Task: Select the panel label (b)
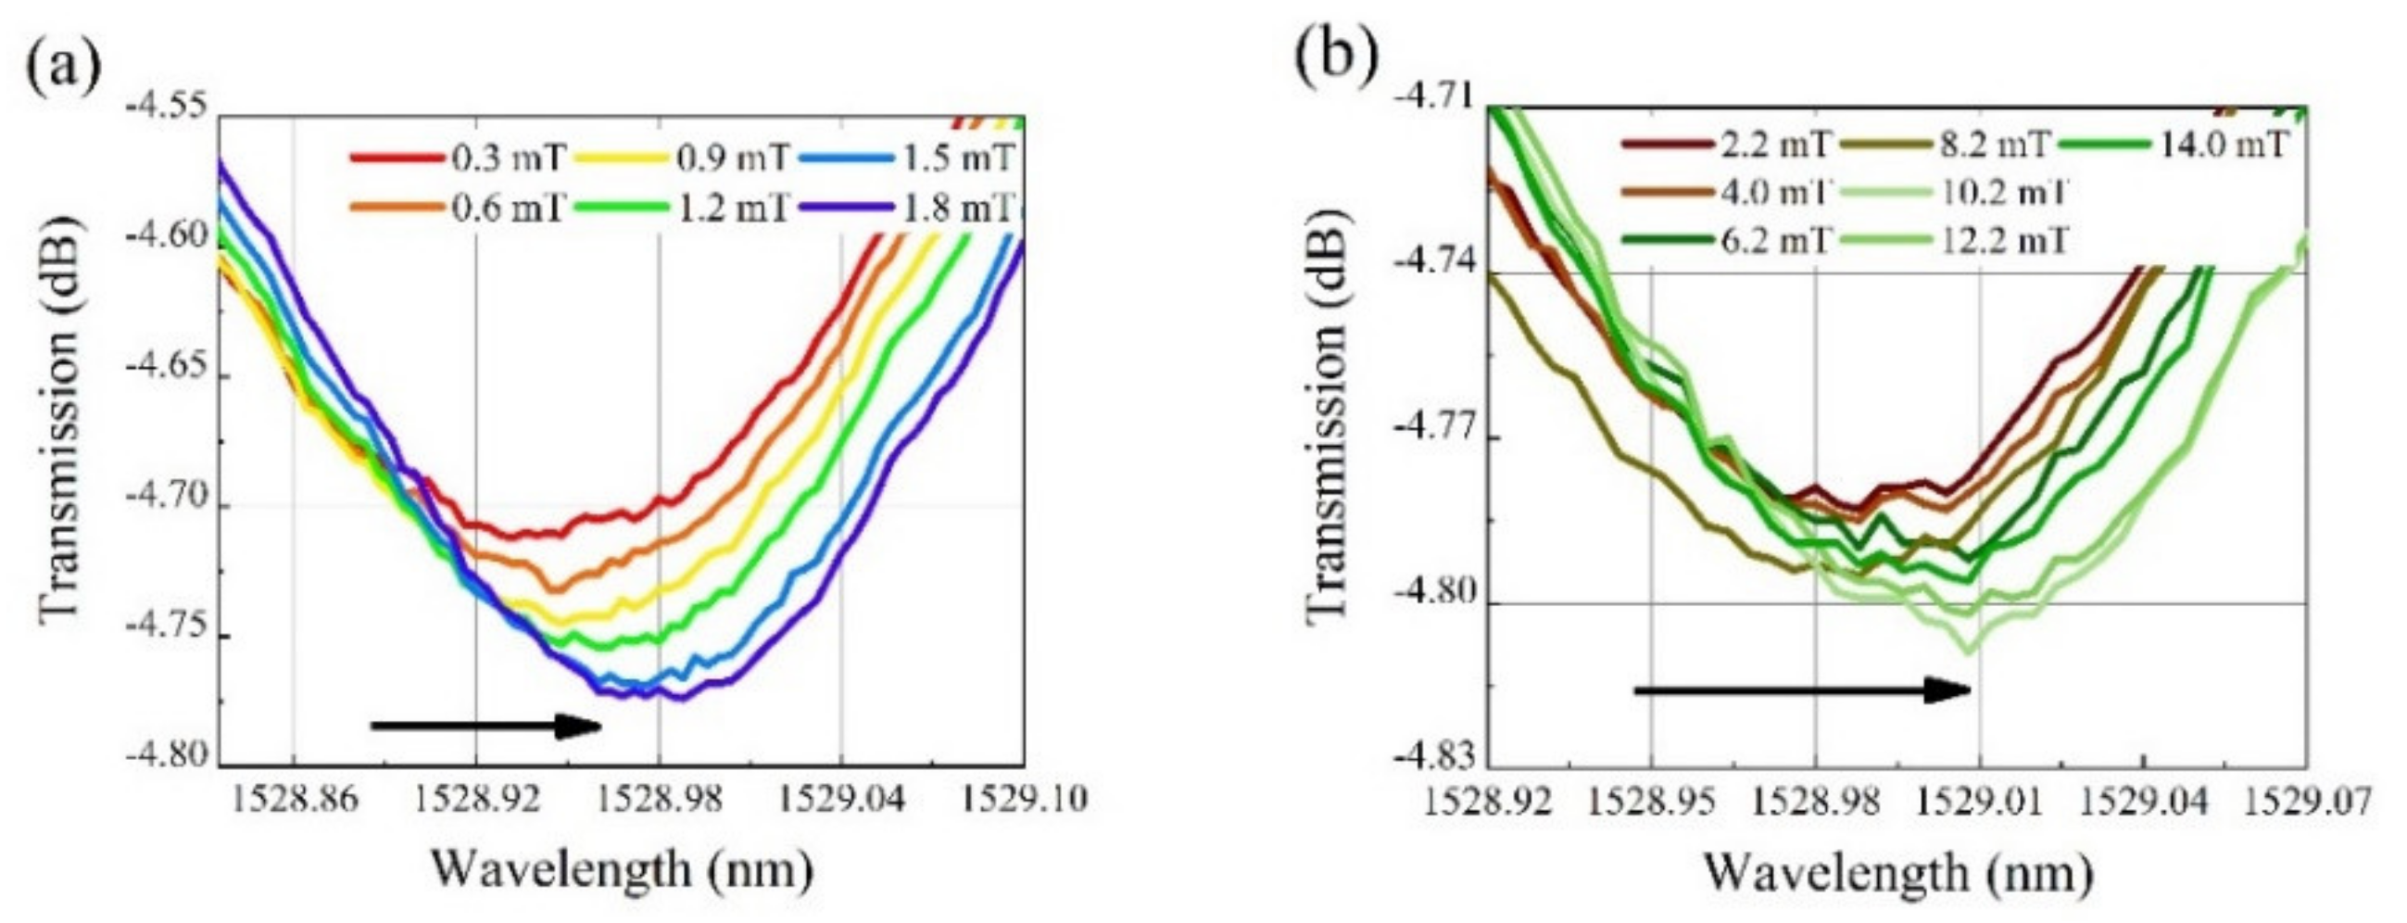click(x=1337, y=55)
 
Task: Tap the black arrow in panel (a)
click(x=485, y=725)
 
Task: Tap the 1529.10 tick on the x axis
click(x=1025, y=800)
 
